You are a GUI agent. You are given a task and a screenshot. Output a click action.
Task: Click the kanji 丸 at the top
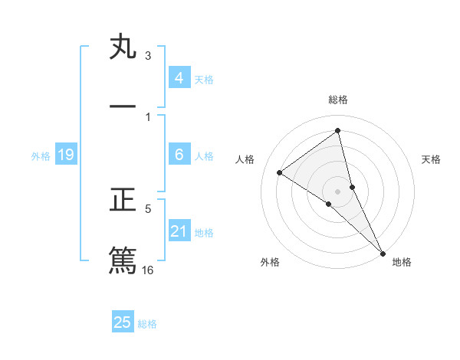click(123, 48)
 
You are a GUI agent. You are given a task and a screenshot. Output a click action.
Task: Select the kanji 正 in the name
click(123, 201)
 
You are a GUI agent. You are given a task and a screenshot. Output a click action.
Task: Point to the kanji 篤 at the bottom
click(123, 260)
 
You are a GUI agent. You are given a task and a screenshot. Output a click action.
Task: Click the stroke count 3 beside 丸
click(148, 56)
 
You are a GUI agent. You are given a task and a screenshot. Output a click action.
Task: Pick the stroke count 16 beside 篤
click(148, 270)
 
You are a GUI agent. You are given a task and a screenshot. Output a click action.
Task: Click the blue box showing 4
click(179, 78)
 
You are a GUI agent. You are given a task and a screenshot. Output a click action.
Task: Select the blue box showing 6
click(179, 155)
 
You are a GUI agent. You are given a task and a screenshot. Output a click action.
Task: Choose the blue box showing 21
click(179, 231)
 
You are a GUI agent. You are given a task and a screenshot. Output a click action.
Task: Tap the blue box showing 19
click(65, 155)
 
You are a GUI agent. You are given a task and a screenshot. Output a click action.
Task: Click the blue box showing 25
click(123, 322)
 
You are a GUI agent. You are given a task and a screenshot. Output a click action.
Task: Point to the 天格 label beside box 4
click(204, 80)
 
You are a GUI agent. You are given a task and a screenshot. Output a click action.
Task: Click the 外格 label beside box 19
click(41, 156)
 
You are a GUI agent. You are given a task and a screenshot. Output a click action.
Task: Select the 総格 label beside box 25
click(147, 324)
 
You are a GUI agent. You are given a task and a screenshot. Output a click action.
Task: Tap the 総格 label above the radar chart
click(338, 100)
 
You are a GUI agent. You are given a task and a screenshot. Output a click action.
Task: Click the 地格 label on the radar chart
click(402, 262)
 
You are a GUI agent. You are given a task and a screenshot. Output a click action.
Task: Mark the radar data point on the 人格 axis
click(279, 172)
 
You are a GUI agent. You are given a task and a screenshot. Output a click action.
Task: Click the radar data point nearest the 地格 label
click(382, 252)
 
